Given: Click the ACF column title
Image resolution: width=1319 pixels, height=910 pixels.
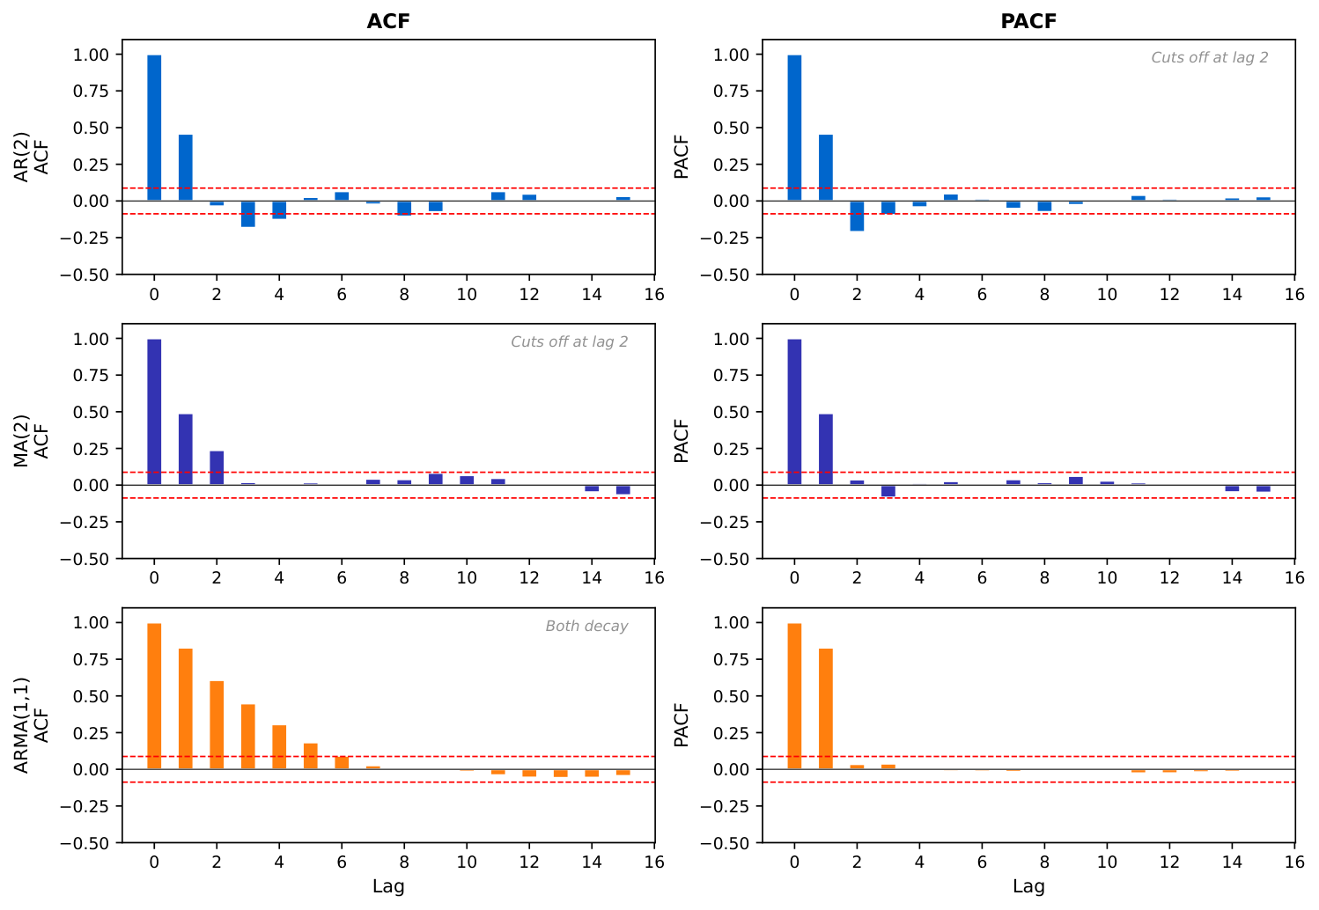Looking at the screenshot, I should (x=388, y=21).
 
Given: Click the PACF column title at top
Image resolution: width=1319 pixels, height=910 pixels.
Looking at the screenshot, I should (x=1028, y=21).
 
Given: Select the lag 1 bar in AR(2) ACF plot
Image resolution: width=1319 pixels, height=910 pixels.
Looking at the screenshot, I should (x=186, y=167).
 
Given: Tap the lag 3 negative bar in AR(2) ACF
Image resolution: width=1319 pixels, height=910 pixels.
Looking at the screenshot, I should (x=248, y=214).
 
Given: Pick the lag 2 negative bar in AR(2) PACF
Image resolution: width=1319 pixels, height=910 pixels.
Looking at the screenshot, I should (x=857, y=216).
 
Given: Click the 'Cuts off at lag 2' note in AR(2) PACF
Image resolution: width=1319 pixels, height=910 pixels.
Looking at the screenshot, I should (x=1210, y=58).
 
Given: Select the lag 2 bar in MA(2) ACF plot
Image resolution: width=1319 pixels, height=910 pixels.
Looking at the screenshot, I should (x=217, y=467).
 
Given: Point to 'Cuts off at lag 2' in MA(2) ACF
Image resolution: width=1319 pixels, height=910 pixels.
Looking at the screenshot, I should (x=570, y=342).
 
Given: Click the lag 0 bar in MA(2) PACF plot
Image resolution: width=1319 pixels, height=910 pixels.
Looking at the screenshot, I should (x=794, y=412).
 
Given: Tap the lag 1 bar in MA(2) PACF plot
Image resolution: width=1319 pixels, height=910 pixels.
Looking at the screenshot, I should (x=826, y=449).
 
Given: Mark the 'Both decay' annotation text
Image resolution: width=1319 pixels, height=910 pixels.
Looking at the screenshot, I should (x=586, y=627).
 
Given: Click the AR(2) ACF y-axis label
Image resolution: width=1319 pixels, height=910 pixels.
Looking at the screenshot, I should (x=32, y=157).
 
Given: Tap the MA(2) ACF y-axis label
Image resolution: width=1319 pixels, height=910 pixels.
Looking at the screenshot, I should (x=32, y=441).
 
